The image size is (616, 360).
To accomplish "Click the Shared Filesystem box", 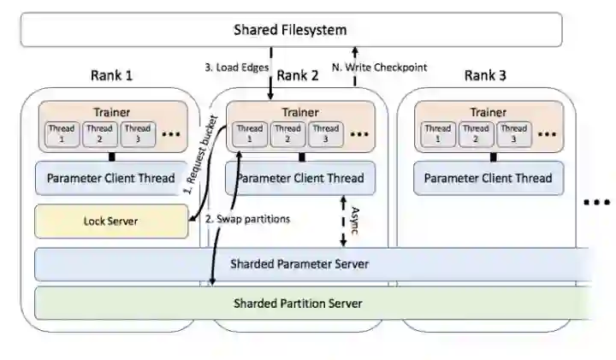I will coord(291,30).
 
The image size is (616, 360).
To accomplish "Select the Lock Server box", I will coord(111,221).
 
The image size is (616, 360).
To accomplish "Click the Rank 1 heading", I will coord(111,75).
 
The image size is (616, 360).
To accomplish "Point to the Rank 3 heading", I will coord(485,75).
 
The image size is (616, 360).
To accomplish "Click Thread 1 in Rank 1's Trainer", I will coord(63,134).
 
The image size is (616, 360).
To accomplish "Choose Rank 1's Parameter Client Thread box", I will coord(111,179).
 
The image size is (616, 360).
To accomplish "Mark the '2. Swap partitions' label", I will coord(248,219).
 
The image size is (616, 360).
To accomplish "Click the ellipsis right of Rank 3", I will coord(595,203).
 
